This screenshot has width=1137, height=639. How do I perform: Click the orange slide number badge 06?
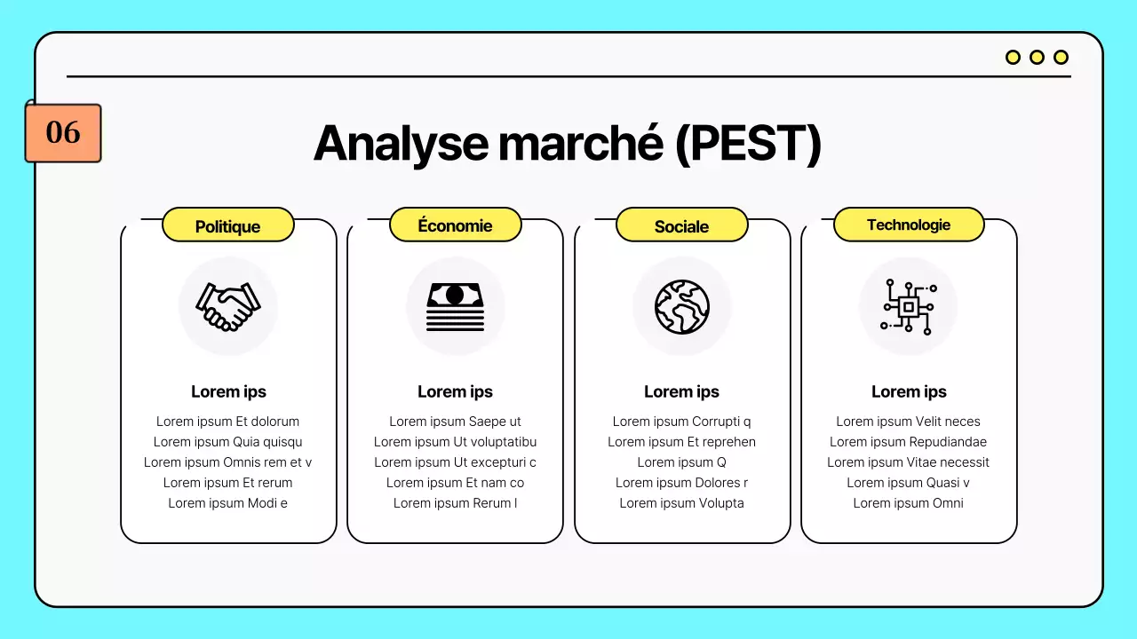pyautogui.click(x=63, y=133)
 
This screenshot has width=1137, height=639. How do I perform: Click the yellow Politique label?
pyautogui.click(x=227, y=226)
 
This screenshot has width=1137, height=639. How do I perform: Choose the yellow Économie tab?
pyautogui.click(x=455, y=225)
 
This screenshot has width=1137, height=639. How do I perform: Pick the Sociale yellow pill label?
pyautogui.click(x=681, y=226)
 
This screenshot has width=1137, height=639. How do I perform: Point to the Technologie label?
pyautogui.click(x=909, y=225)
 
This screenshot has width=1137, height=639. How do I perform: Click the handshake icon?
pyautogui.click(x=228, y=306)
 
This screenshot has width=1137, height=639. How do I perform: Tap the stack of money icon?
pyautogui.click(x=455, y=306)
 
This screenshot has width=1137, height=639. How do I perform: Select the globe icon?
pyautogui.click(x=682, y=306)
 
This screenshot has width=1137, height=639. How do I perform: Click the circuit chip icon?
pyautogui.click(x=908, y=306)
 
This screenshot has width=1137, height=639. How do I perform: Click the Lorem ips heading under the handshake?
pyautogui.click(x=228, y=391)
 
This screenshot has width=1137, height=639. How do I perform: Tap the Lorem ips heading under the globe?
pyautogui.click(x=681, y=391)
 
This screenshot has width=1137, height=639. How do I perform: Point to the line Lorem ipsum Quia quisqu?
pyautogui.click(x=228, y=442)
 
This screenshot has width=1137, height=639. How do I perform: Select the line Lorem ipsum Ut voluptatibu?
pyautogui.click(x=455, y=442)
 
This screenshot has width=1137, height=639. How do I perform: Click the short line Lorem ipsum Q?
pyautogui.click(x=681, y=462)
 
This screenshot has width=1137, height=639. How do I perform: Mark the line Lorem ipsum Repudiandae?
pyautogui.click(x=908, y=442)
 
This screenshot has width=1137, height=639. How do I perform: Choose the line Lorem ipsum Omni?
pyautogui.click(x=908, y=503)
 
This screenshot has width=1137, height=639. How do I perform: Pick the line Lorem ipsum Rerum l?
pyautogui.click(x=455, y=503)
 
